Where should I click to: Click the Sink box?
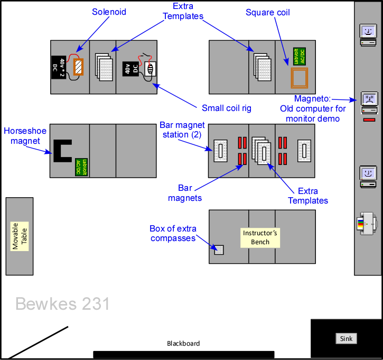[347, 338]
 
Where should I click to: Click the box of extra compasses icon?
[219, 251]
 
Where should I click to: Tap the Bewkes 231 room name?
[62, 303]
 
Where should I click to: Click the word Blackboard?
[183, 343]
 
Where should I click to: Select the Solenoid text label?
[109, 12]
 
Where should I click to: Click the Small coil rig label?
[227, 108]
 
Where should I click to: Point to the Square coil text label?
[267, 12]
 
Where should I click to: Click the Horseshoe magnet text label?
[22, 136]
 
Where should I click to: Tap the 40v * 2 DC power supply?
[58, 67]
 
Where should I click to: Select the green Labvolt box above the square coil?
[299, 56]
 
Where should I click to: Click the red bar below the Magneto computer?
[369, 120]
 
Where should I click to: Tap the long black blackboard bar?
[183, 354]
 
